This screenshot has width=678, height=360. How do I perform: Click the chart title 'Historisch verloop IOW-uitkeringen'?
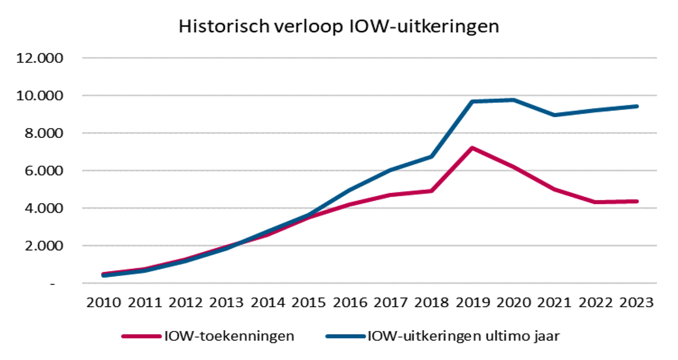click(x=339, y=27)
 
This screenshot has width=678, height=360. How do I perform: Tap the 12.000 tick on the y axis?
click(x=39, y=58)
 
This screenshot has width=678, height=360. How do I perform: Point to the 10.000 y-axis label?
click(x=39, y=95)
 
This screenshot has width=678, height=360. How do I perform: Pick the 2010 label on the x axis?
click(x=103, y=302)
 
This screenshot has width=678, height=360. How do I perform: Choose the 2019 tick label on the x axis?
click(x=472, y=302)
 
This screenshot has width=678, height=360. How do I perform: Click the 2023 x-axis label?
click(x=635, y=302)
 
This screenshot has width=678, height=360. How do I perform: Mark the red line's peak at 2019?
click(x=472, y=148)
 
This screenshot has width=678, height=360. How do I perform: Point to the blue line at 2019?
click(x=472, y=102)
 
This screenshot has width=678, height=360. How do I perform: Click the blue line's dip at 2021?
click(x=553, y=115)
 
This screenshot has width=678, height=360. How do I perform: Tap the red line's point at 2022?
click(x=594, y=202)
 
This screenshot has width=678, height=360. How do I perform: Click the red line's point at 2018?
click(x=432, y=191)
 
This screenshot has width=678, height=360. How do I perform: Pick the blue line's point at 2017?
click(x=391, y=170)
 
